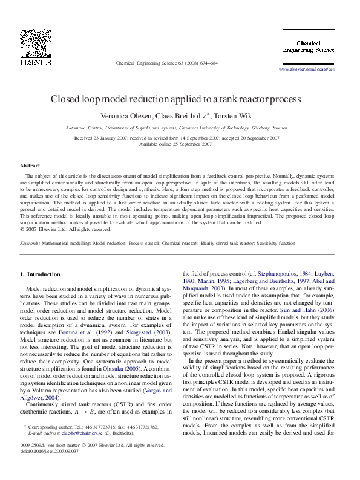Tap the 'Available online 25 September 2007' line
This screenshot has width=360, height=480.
click(x=175, y=144)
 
